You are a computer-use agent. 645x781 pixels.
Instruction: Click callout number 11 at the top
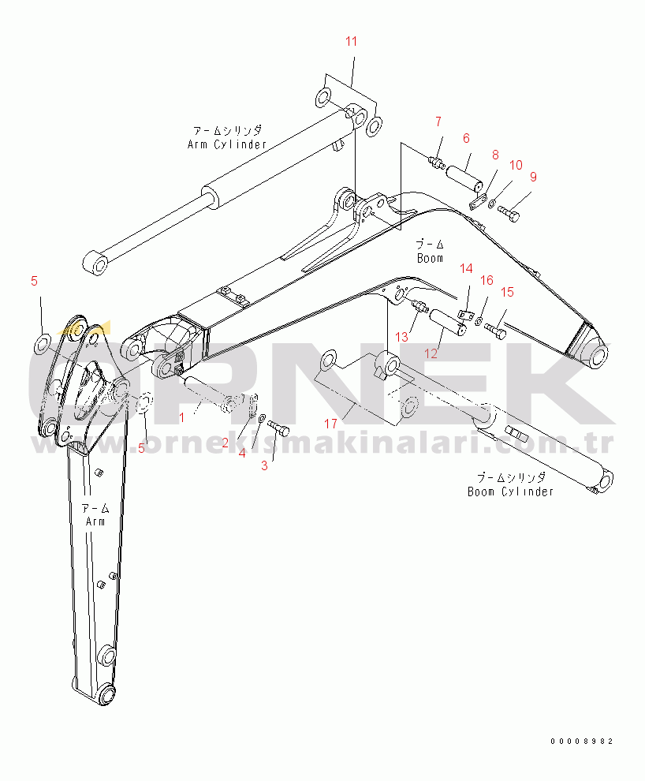click(351, 41)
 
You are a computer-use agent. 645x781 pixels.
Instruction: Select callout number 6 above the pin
click(466, 138)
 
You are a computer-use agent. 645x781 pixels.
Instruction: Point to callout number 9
click(533, 177)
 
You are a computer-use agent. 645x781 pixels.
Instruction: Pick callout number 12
click(431, 353)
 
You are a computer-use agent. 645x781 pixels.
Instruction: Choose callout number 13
click(401, 337)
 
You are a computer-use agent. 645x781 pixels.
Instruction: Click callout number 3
click(264, 465)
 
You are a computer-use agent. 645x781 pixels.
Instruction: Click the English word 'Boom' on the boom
click(430, 258)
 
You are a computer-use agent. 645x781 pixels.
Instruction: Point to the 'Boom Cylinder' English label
click(510, 491)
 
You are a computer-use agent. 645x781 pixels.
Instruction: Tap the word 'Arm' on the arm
click(94, 521)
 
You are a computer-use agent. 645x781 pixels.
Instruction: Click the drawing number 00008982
click(582, 742)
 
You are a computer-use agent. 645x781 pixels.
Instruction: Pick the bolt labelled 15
click(496, 331)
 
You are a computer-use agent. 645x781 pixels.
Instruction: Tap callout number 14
click(466, 269)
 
